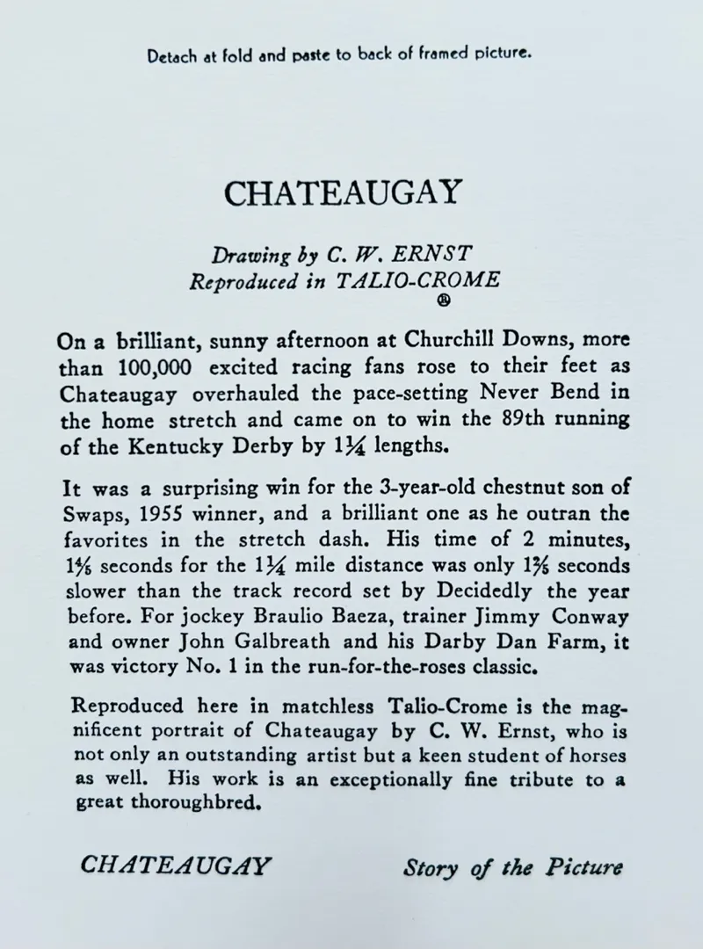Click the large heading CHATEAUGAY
point(342,192)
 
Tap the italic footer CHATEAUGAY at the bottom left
point(174,865)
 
